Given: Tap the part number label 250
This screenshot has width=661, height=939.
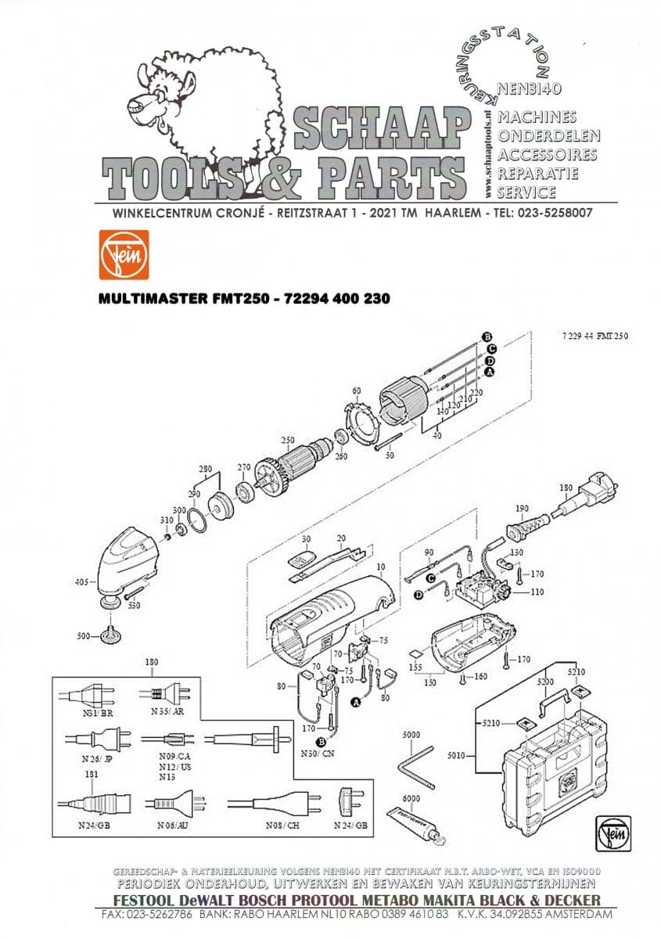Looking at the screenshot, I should [287, 440].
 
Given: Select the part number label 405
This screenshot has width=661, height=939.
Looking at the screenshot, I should [81, 582].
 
